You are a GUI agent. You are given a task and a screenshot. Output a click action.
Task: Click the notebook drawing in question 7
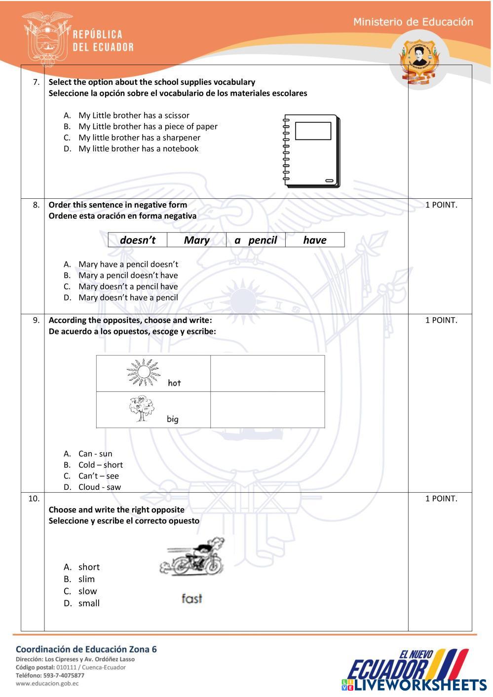click(x=311, y=151)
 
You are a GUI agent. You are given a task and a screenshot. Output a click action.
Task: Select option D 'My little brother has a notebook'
click(x=138, y=148)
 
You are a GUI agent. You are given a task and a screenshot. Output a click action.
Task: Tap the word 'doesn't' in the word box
click(x=138, y=240)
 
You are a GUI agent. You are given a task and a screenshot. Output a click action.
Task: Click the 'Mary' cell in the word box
click(x=196, y=240)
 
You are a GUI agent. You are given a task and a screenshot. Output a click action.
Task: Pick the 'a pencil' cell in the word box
click(x=256, y=240)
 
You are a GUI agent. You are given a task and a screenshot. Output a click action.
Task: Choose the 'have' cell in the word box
click(x=315, y=240)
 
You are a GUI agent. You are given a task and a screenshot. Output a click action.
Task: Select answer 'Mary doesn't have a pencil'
click(x=128, y=297)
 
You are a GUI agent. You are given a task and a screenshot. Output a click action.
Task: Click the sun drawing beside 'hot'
click(x=143, y=372)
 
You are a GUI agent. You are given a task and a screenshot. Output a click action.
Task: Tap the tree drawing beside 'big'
click(x=142, y=409)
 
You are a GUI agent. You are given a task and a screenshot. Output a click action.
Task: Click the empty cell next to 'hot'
click(x=267, y=373)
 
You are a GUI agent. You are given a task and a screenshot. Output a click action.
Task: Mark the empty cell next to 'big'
click(x=267, y=410)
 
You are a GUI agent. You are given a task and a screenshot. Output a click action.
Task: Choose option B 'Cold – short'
click(x=100, y=465)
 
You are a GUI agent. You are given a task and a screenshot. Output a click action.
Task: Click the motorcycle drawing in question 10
click(x=193, y=557)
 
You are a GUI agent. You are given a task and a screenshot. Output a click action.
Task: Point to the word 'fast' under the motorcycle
click(x=192, y=599)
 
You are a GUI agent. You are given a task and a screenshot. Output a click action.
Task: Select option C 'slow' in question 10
click(x=87, y=591)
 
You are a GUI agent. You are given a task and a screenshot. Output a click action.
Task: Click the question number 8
click(x=36, y=205)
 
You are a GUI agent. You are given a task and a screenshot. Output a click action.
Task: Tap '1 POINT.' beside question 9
click(x=441, y=320)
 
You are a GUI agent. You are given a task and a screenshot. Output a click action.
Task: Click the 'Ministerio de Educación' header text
click(x=413, y=22)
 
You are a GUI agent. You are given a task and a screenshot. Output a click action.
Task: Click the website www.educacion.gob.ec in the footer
click(x=47, y=683)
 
